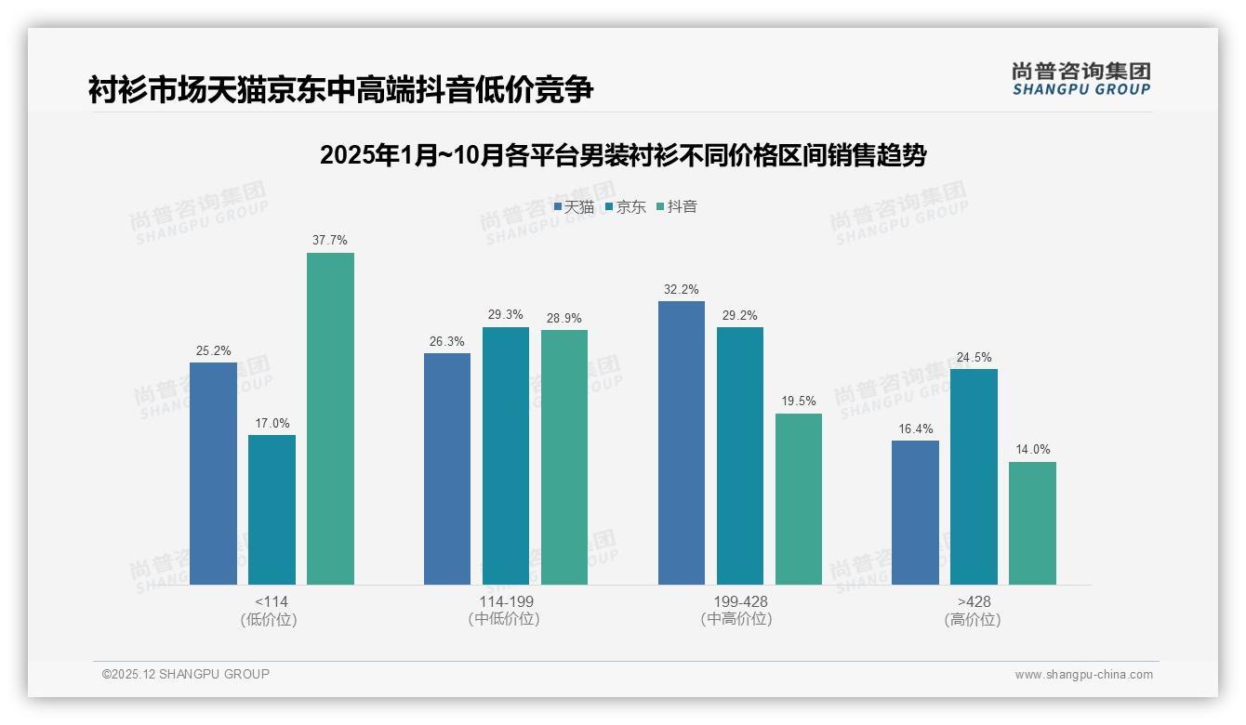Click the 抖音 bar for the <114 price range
pyautogui.click(x=330, y=418)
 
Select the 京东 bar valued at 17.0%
pyautogui.click(x=272, y=509)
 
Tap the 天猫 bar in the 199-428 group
pyautogui.click(x=681, y=442)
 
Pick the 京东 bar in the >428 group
pyautogui.click(x=974, y=477)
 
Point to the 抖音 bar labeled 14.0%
pyautogui.click(x=1032, y=523)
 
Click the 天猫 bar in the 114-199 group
pyautogui.click(x=447, y=468)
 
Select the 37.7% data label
pyautogui.click(x=330, y=240)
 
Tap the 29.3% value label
pyautogui.click(x=506, y=314)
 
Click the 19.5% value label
pyautogui.click(x=799, y=401)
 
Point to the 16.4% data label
pyautogui.click(x=915, y=428)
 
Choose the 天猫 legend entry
pyautogui.click(x=574, y=206)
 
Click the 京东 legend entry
pyautogui.click(x=626, y=206)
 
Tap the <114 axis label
pyautogui.click(x=271, y=601)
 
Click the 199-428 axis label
pyautogui.click(x=740, y=601)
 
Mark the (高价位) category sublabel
pyautogui.click(x=973, y=619)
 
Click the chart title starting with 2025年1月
pyautogui.click(x=623, y=155)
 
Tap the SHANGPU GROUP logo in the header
pyautogui.click(x=1080, y=79)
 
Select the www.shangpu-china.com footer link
pyautogui.click(x=1083, y=675)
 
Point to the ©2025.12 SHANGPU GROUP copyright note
pyautogui.click(x=186, y=674)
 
